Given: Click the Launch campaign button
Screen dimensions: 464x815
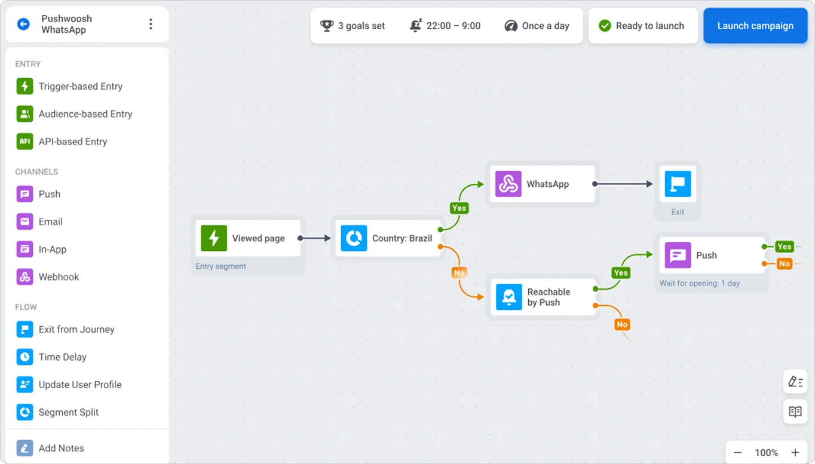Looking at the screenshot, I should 755,26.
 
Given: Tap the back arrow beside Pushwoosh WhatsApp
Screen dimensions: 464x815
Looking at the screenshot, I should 23,24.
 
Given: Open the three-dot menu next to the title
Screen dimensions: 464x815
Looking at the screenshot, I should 151,24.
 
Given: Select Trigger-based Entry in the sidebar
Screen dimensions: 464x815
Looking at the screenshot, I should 80,86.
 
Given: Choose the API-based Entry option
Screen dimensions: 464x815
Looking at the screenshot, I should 72,142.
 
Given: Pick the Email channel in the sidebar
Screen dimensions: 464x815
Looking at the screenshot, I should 50,222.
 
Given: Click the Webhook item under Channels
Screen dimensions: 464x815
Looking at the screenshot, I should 59,276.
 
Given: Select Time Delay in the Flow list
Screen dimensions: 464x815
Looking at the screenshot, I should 62,357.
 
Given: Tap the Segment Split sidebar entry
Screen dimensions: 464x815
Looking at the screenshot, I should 68,412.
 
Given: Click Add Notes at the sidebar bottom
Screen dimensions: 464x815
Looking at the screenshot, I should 61,448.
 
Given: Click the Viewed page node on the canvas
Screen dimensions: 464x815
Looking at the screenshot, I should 248,238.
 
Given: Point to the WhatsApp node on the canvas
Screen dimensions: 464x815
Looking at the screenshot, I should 543,184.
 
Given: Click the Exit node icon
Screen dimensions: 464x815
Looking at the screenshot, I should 678,184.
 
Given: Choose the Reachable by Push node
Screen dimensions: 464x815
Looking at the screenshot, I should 543,297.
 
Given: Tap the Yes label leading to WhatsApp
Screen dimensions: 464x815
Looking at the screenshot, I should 459,208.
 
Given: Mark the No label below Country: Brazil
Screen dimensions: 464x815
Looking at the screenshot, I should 459,273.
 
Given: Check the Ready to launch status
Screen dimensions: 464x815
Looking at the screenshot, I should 642,26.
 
